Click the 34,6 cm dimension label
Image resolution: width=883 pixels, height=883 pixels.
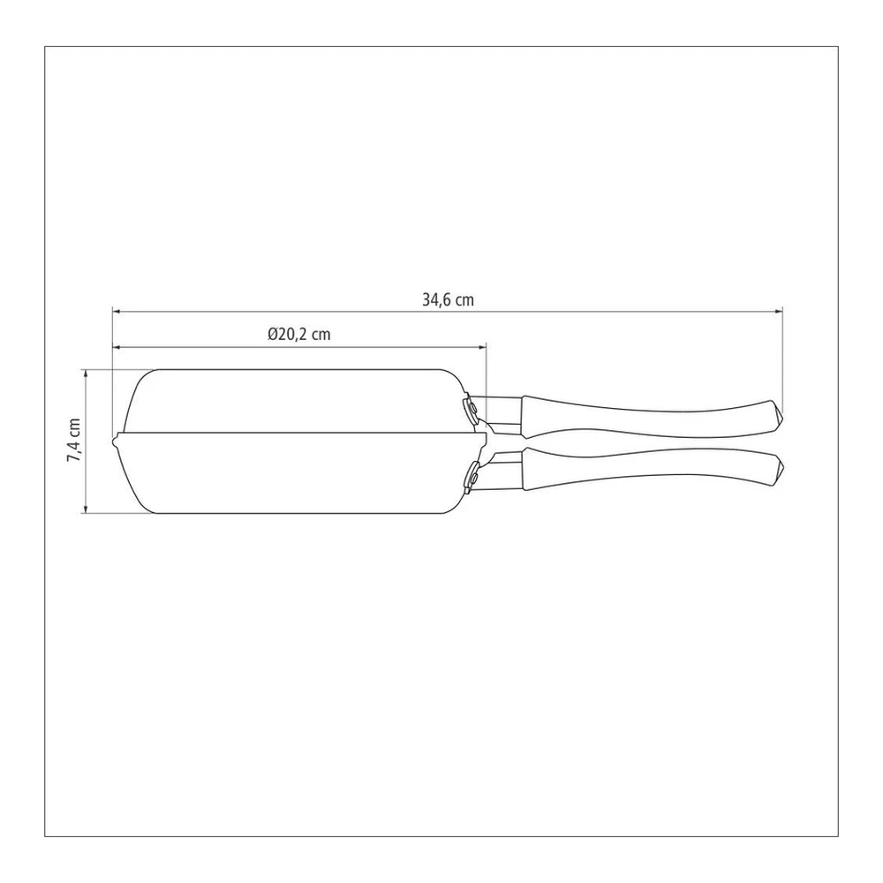click(x=448, y=300)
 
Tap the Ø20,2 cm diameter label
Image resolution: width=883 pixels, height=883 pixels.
click(x=299, y=335)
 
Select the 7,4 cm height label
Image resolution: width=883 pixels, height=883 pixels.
click(x=74, y=441)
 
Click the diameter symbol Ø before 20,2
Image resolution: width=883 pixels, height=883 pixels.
click(x=273, y=335)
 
